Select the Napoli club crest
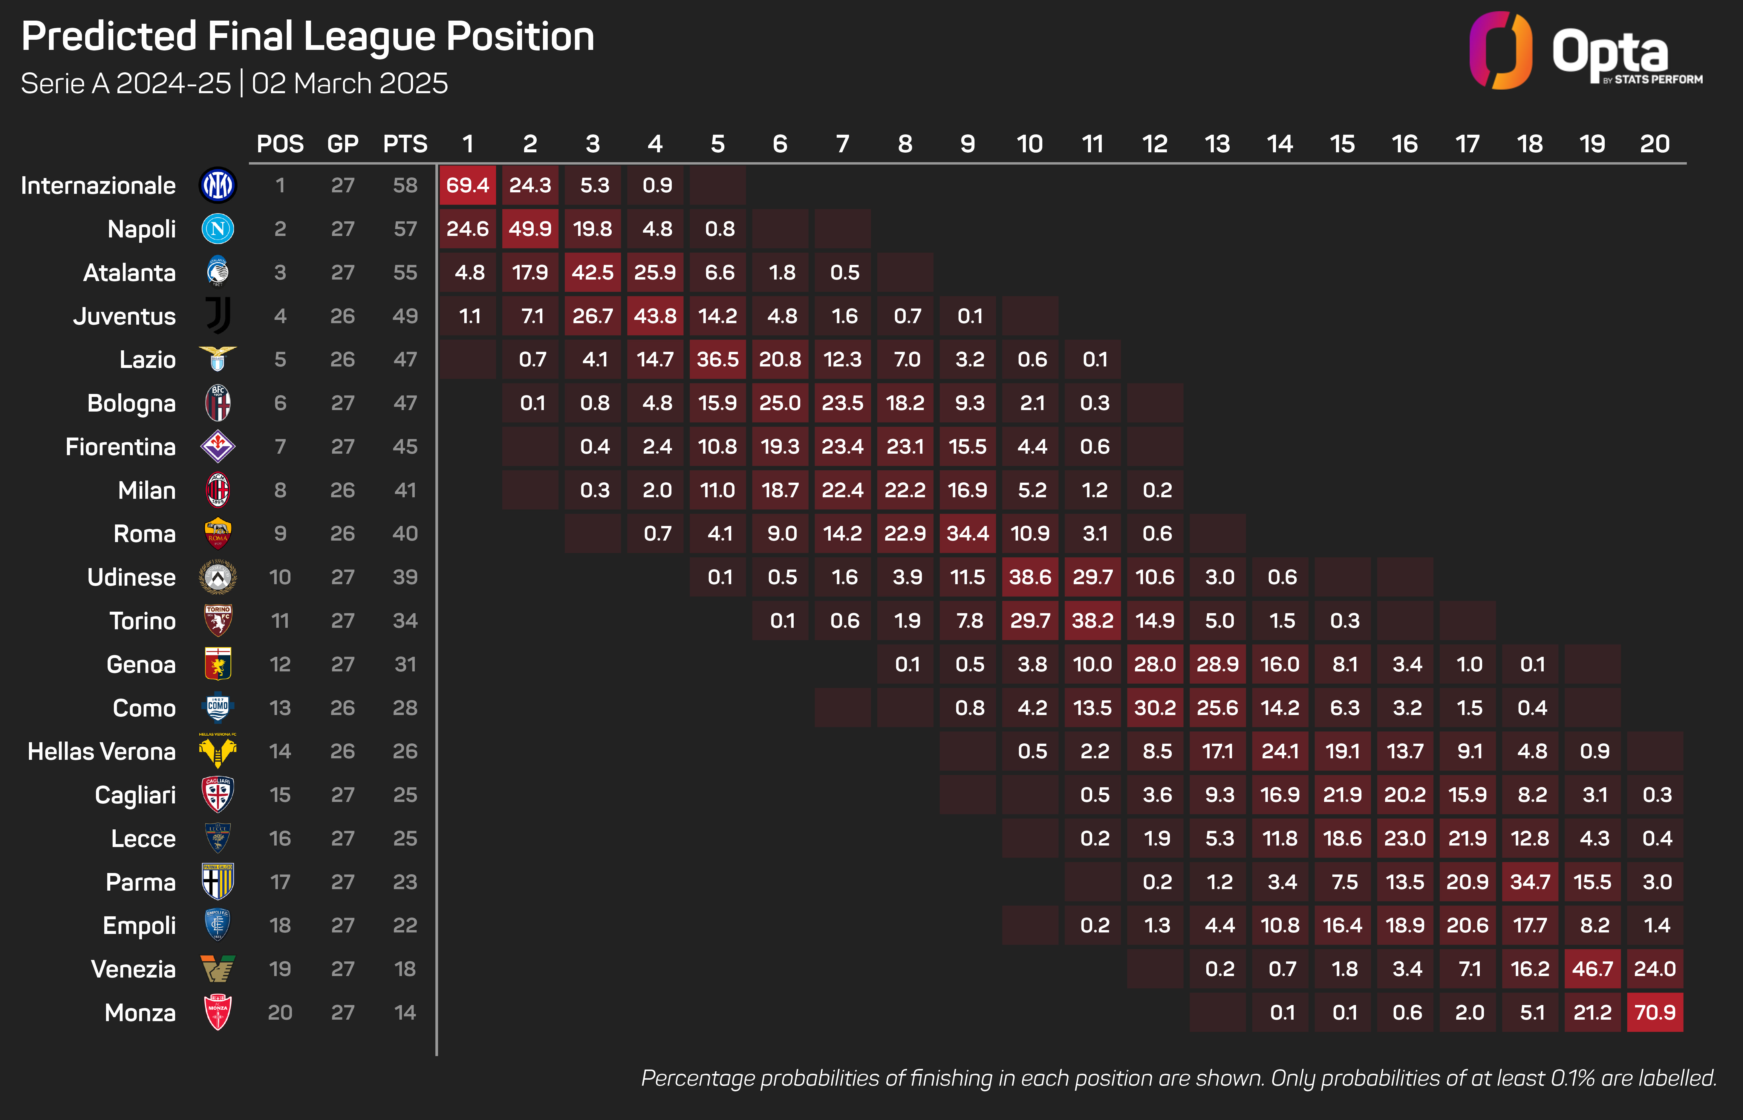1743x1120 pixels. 218,229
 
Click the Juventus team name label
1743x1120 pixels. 124,316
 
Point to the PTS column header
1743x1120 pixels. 405,144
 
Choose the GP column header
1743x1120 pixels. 343,144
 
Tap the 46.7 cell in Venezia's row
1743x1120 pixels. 1592,969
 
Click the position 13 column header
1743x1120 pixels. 1217,144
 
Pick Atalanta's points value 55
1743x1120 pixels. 405,273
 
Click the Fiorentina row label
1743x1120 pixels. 121,447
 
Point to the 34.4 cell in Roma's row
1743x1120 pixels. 968,534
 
